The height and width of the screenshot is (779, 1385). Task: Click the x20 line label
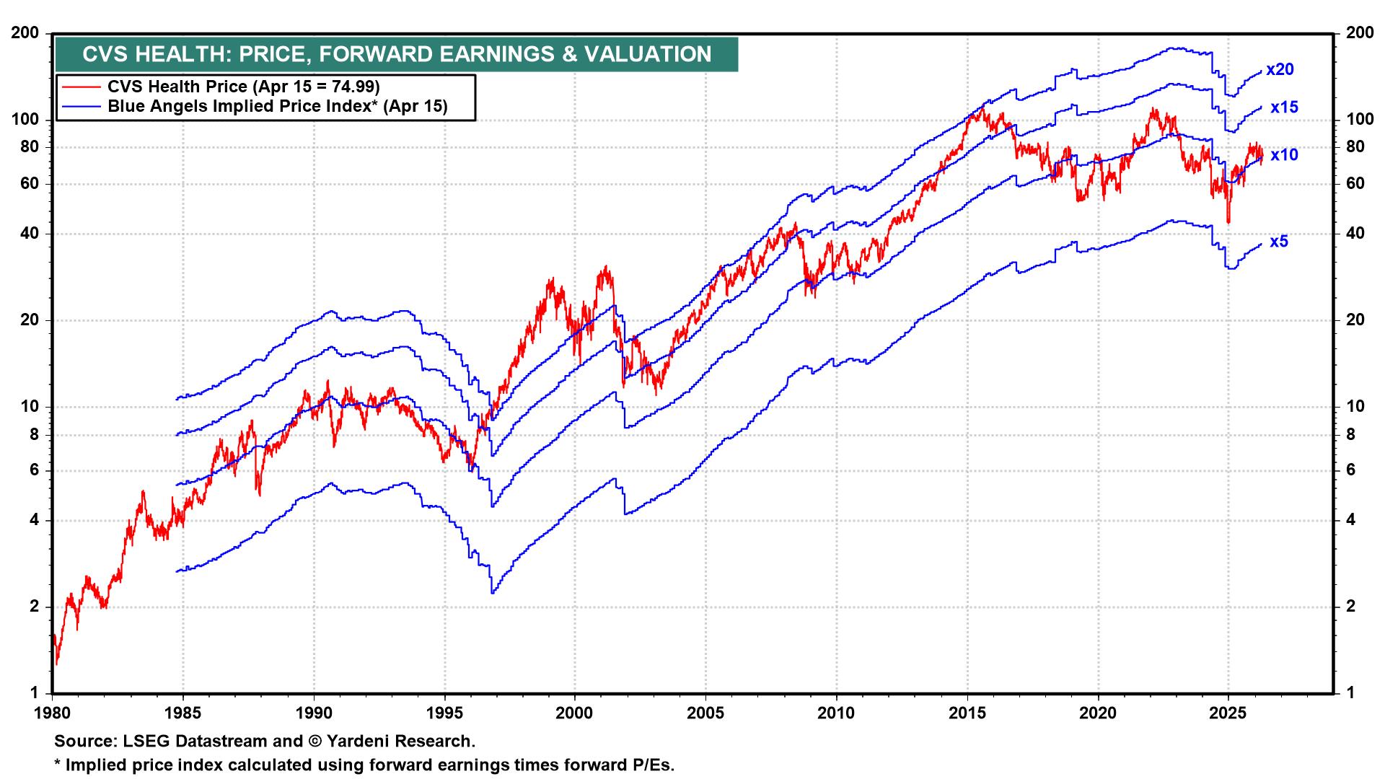(x=1280, y=70)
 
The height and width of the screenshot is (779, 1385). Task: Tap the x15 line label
(x=1284, y=107)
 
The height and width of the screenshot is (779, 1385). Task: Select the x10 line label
(x=1284, y=155)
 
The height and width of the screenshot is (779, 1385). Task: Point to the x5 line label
(x=1279, y=242)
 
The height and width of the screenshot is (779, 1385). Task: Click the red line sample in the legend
(x=81, y=87)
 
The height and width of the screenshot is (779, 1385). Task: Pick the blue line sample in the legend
(x=81, y=107)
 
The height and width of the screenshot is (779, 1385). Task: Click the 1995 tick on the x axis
(x=444, y=713)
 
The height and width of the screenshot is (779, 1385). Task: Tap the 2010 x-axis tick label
(x=836, y=713)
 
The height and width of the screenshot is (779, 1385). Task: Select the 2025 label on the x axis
(x=1228, y=713)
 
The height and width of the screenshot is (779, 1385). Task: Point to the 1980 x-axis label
(x=53, y=713)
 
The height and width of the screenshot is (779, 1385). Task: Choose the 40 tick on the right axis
(x=1355, y=234)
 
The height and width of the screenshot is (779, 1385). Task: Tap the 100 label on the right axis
(x=1359, y=120)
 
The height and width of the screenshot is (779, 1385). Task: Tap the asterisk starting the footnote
(x=58, y=764)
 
